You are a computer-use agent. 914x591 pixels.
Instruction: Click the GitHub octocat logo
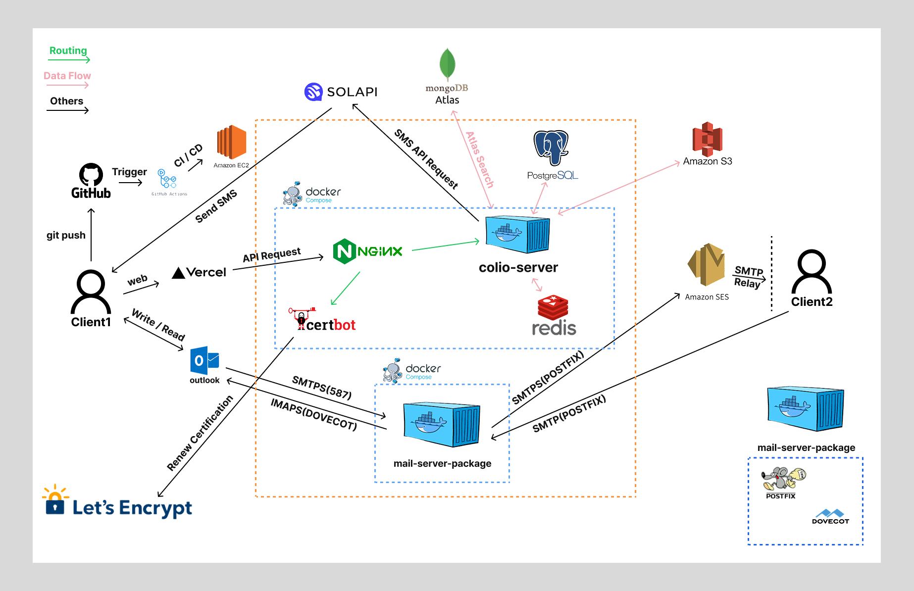[x=91, y=174]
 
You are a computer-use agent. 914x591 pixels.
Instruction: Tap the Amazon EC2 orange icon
[x=231, y=142]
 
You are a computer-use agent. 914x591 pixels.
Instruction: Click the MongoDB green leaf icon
[x=448, y=64]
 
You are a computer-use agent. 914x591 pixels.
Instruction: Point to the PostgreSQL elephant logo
[x=551, y=148]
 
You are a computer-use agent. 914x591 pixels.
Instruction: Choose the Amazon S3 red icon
[x=707, y=139]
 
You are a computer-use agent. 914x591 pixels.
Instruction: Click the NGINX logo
[x=367, y=251]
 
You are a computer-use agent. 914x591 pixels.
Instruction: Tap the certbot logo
[x=322, y=320]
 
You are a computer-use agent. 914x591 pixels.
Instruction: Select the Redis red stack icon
[x=553, y=307]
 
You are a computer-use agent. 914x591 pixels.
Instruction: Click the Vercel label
[x=199, y=272]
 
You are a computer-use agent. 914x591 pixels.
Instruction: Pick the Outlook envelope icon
[x=204, y=360]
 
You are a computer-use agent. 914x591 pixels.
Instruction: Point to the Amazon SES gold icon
[x=706, y=264]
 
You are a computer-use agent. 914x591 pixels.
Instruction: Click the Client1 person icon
[x=91, y=292]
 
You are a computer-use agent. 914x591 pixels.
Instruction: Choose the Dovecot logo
[x=830, y=516]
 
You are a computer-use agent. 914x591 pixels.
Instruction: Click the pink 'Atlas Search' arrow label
[x=479, y=159]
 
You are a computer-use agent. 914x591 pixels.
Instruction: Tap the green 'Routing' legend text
[x=68, y=50]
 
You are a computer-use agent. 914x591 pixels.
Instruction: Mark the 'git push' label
[x=66, y=235]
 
